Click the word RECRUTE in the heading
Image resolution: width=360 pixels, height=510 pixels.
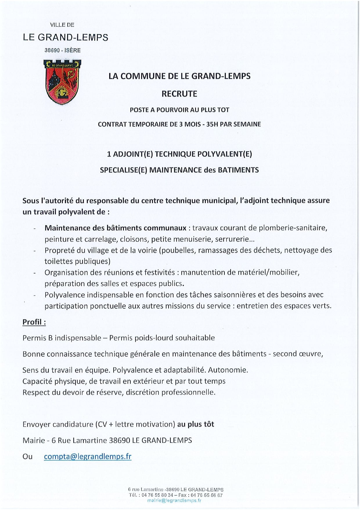tap(179, 94)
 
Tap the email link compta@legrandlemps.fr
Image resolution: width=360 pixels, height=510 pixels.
tap(88, 456)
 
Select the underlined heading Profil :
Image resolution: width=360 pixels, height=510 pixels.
tap(34, 322)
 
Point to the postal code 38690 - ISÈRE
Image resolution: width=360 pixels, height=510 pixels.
tap(62, 50)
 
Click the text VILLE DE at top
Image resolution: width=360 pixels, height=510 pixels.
tap(62, 25)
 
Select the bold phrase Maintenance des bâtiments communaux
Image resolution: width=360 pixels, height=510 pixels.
tap(115, 228)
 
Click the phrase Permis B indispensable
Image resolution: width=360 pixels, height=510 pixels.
tap(62, 338)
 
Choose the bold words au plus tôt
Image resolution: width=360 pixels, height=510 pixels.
tap(196, 424)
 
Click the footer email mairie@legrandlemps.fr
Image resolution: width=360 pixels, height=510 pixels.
tap(174, 500)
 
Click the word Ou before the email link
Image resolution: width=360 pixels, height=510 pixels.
tap(28, 457)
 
